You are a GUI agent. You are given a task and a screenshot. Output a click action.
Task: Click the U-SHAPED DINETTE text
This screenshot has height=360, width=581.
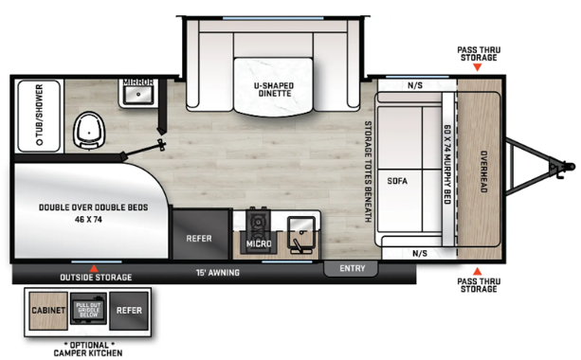pos(273,90)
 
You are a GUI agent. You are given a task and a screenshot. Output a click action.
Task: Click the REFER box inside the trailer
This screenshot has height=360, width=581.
pos(199,239)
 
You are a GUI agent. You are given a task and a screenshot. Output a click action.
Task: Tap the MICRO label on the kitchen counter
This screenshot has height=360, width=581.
pos(259,244)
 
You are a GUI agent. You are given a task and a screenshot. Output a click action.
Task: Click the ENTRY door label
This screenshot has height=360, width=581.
pos(352,269)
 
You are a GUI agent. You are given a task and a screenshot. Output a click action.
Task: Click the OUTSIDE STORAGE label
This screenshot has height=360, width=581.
pos(96,277)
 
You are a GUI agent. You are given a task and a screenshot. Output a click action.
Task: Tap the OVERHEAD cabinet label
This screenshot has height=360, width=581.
pos(482,172)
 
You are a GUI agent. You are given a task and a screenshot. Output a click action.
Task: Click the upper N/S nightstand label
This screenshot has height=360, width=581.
pos(415,86)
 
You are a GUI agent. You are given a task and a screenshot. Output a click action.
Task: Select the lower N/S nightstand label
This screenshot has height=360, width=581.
pos(420,253)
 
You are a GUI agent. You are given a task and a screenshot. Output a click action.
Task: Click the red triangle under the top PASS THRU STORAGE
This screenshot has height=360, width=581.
pos(477,69)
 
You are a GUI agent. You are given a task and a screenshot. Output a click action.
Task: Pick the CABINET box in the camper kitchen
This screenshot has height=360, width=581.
pos(47,310)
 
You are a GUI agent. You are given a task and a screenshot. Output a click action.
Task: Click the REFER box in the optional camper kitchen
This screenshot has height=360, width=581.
pos(128,310)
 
